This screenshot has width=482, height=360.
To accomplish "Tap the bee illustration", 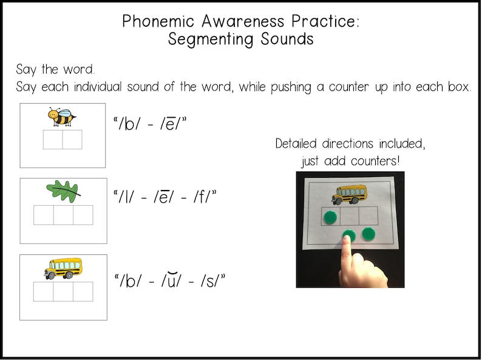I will (62, 117).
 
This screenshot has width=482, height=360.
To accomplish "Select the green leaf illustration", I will (63, 191).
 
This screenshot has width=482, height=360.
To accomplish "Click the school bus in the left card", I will (63, 268).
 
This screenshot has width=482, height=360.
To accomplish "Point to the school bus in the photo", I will (349, 195).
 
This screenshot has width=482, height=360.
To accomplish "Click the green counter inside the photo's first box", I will (330, 217).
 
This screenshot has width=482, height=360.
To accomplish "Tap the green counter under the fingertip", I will (348, 236).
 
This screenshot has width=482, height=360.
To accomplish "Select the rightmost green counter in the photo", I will (368, 234).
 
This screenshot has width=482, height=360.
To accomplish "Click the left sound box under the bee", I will (53, 140).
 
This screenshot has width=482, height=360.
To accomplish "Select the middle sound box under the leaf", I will (63, 215).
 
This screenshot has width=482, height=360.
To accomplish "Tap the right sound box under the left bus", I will (83, 291).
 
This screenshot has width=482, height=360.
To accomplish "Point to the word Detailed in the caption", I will (298, 144).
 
